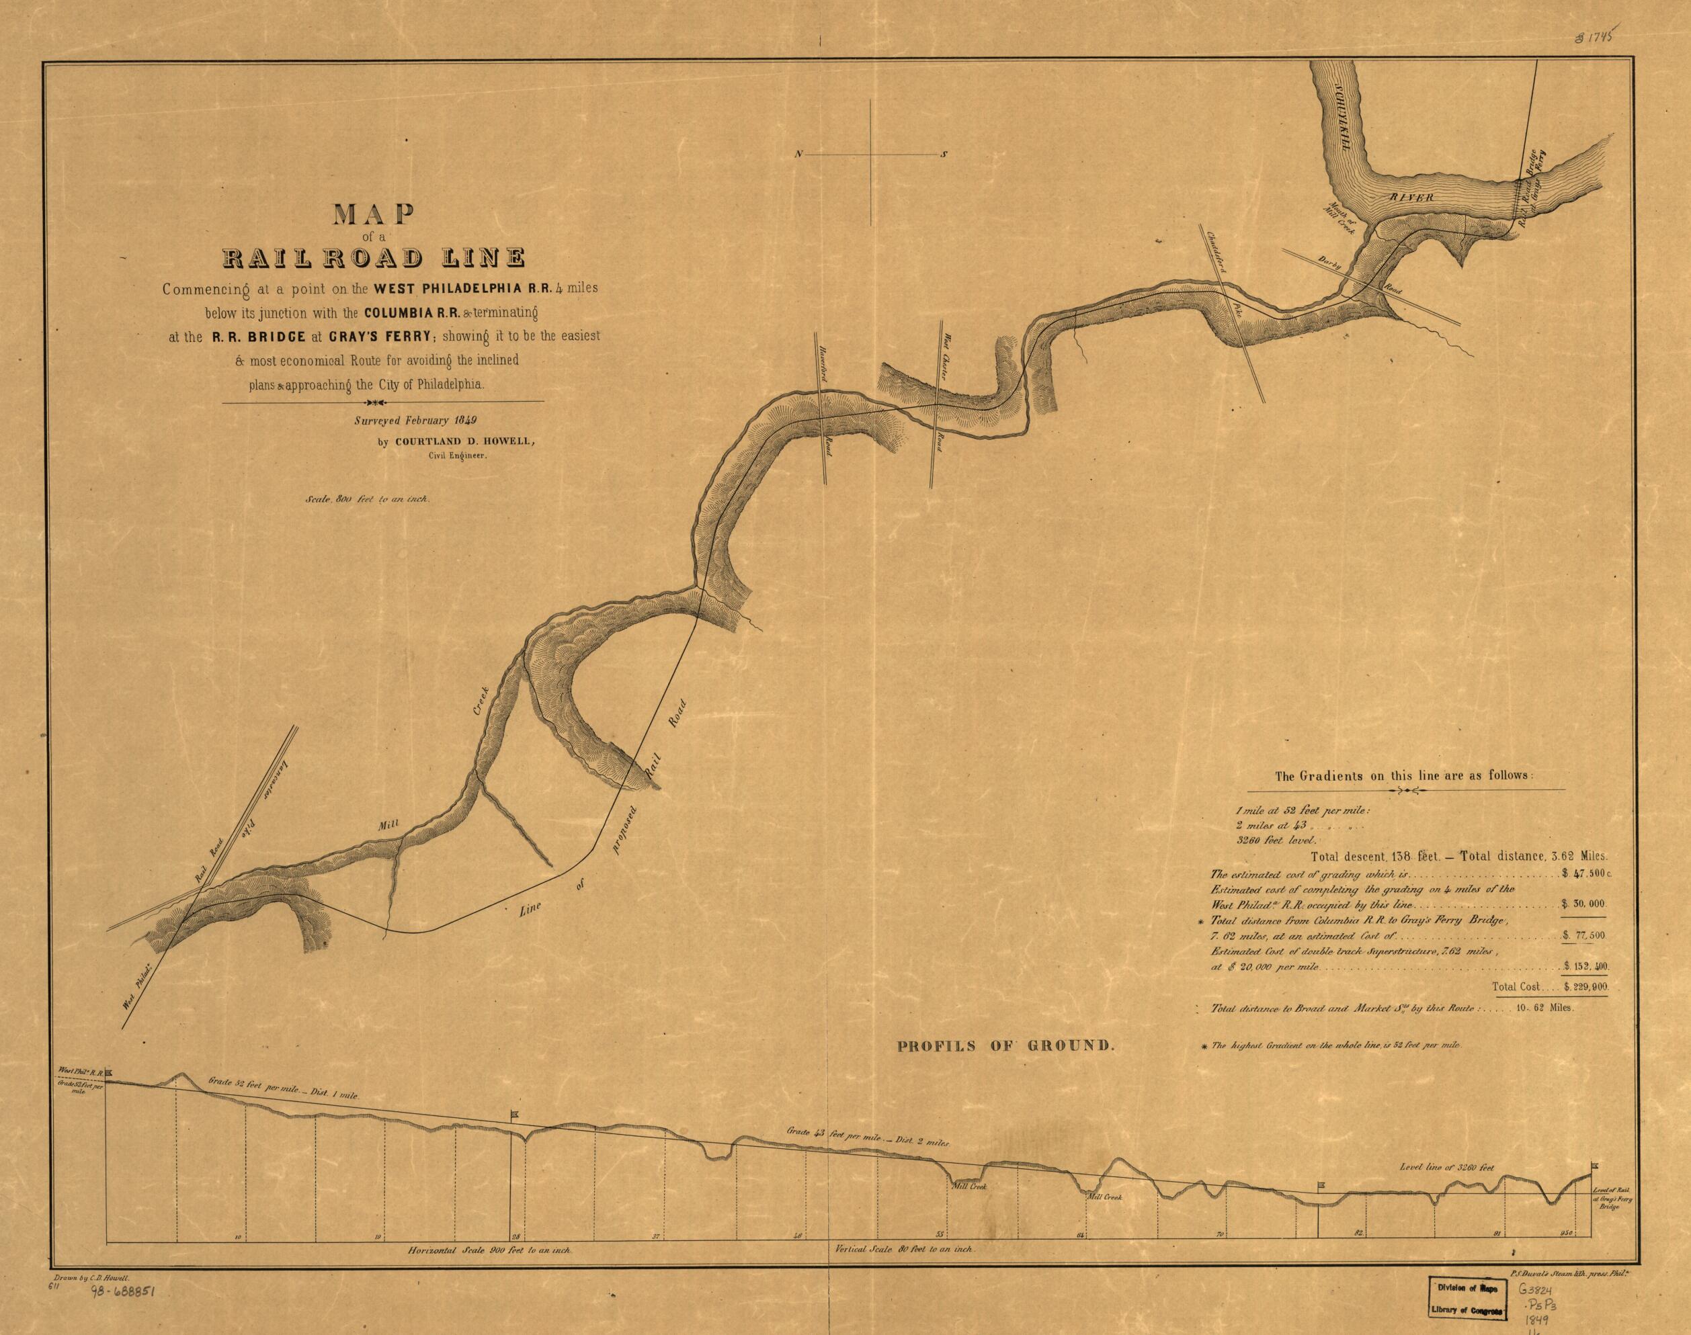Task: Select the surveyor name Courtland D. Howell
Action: pos(464,441)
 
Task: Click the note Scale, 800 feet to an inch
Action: pos(364,499)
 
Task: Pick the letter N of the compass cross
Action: pos(800,155)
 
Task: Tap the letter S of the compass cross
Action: pos(944,155)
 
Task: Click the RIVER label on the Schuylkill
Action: pos(1412,198)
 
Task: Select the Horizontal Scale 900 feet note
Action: pos(491,1250)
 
